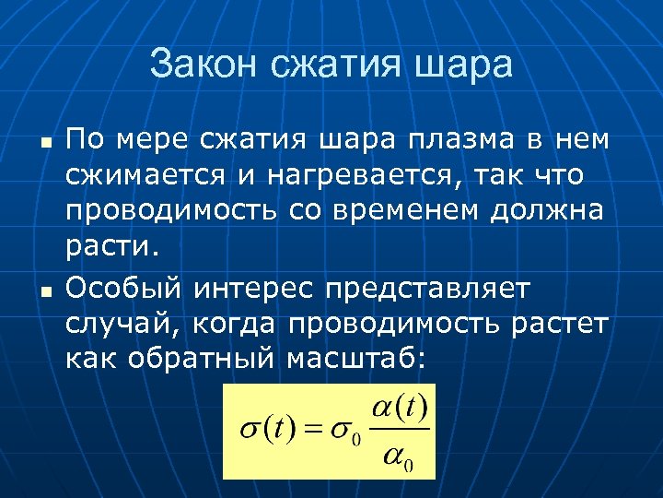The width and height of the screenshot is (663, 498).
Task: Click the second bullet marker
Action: click(x=42, y=292)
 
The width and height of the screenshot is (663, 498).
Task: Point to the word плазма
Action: click(x=455, y=140)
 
